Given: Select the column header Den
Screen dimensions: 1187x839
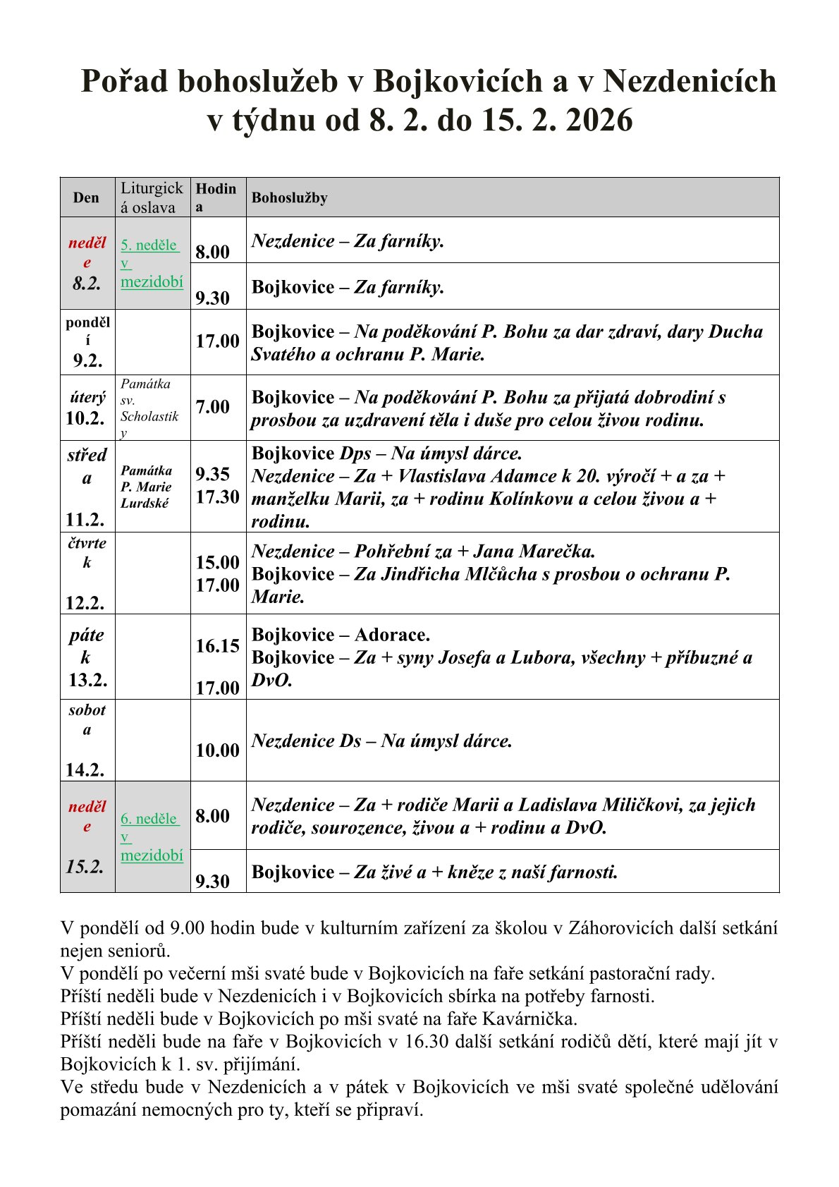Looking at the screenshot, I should point(86,198).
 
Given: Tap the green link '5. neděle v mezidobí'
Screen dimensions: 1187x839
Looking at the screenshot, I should point(151,264).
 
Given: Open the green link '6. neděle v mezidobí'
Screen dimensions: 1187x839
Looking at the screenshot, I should point(151,837).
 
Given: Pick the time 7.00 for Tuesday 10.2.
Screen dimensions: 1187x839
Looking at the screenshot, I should point(212,407).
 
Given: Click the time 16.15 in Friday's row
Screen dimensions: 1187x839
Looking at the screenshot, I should point(217,646).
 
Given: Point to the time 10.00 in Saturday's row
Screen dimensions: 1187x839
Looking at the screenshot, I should point(217,750).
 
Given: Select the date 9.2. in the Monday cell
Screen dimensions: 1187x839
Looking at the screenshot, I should point(87,361).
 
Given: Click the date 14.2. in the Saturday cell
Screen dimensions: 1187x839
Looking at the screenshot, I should point(85,769).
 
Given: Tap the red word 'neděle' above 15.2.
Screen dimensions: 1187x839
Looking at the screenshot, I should point(87,816).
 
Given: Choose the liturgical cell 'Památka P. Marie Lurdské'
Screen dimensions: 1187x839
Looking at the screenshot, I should point(146,487).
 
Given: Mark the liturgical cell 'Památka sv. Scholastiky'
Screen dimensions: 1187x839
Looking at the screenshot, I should point(149,408).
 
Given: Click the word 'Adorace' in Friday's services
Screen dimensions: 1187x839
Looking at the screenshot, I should point(391,635).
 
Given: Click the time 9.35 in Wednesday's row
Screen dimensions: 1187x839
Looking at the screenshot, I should point(212,474).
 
